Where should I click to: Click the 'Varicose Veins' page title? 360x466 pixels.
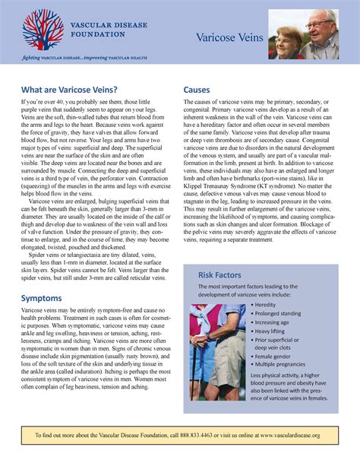pyautogui.click(x=229, y=38)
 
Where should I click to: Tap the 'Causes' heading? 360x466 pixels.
pyautogui.click(x=197, y=89)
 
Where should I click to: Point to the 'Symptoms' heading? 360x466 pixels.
pyautogui.click(x=42, y=298)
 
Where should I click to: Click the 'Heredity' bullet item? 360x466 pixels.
pyautogui.click(x=267, y=304)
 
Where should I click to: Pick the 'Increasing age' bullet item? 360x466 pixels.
pyautogui.click(x=276, y=322)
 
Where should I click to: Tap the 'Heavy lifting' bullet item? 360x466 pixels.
pyautogui.click(x=273, y=331)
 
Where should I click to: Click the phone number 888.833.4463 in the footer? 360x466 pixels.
pyautogui.click(x=201, y=435)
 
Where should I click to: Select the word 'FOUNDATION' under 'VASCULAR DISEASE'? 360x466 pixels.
pyautogui.click(x=98, y=34)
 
